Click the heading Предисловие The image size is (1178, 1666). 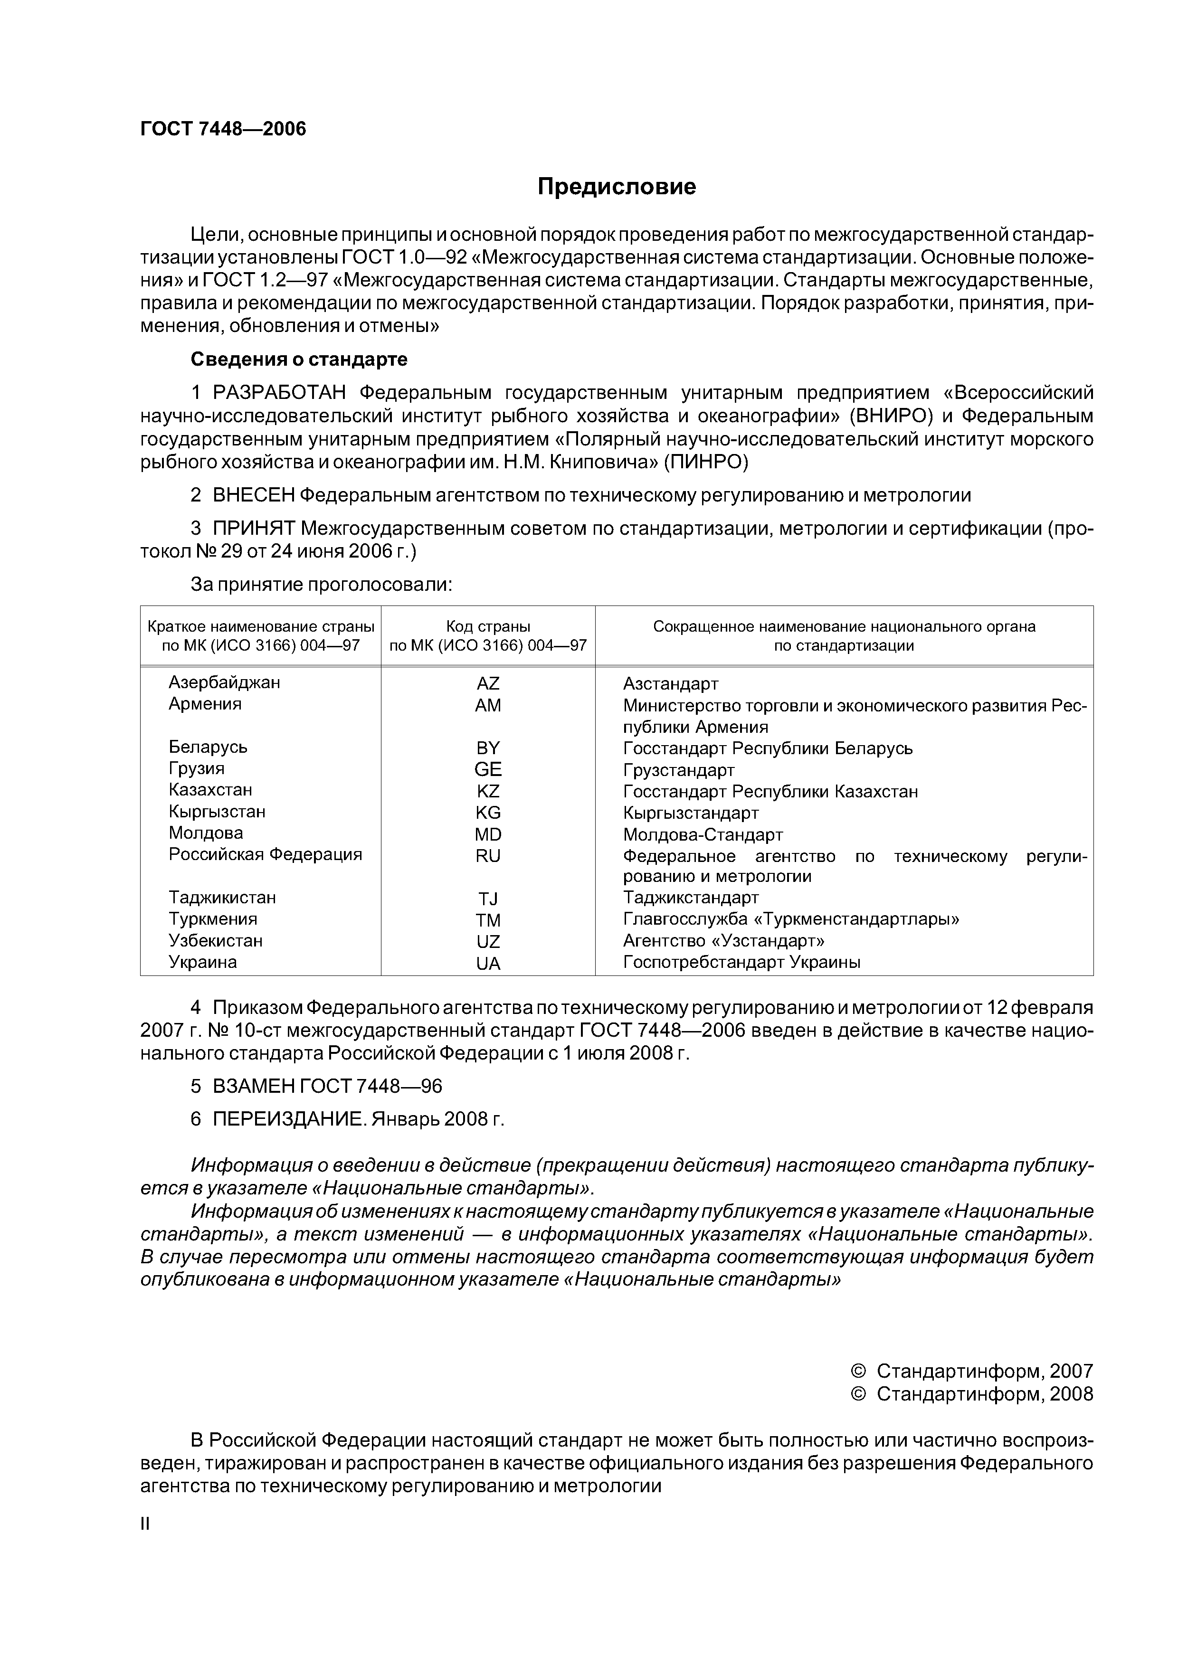click(x=616, y=187)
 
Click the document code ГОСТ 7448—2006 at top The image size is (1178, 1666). click(x=223, y=129)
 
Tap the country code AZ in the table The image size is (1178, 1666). click(x=488, y=683)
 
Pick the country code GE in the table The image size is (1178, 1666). click(x=488, y=770)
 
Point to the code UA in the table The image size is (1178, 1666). click(x=488, y=964)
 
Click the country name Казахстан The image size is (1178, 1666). click(x=210, y=789)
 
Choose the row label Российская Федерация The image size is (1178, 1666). click(x=265, y=854)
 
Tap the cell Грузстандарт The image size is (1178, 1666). click(x=679, y=770)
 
